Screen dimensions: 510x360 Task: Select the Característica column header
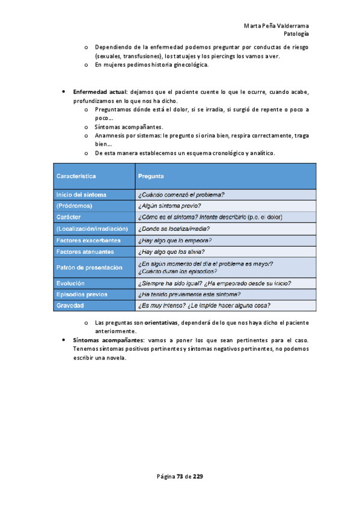76,176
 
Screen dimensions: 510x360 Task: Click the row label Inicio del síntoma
82,194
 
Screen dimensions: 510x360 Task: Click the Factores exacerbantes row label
88,240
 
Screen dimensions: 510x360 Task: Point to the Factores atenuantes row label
85,251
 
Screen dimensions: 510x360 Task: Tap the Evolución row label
70,283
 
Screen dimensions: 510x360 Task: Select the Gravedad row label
70,306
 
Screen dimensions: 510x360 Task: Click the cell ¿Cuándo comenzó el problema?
182,194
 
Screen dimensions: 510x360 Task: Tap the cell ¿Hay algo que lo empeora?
174,240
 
